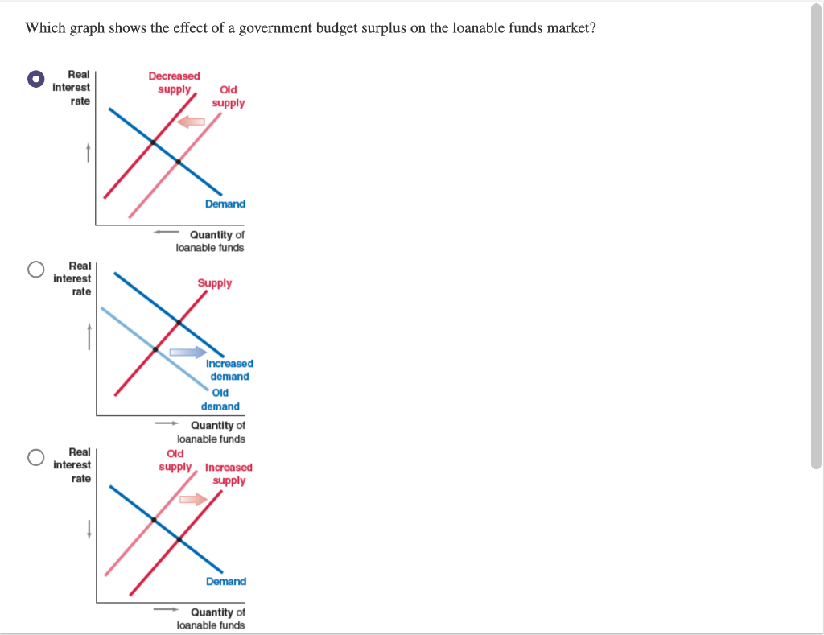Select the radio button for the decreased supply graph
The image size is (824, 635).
click(x=35, y=79)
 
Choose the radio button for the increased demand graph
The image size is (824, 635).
click(x=35, y=270)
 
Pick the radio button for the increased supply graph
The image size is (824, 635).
click(x=35, y=457)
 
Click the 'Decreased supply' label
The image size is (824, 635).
click(x=174, y=82)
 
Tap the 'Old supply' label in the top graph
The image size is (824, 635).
click(x=229, y=97)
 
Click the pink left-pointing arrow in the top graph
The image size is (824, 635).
click(x=192, y=122)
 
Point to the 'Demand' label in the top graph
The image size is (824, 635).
click(x=225, y=204)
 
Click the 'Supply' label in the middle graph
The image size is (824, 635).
click(x=215, y=283)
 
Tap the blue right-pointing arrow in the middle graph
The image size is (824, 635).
click(x=187, y=352)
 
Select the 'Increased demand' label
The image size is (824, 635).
click(x=229, y=370)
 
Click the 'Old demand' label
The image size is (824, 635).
click(x=220, y=399)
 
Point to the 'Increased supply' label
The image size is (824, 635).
click(x=229, y=474)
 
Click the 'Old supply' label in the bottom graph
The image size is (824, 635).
click(x=175, y=460)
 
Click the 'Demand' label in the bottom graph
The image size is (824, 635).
click(x=226, y=581)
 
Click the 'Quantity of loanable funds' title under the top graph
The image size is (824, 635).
click(x=211, y=241)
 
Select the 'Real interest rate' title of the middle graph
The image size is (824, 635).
click(x=72, y=278)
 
